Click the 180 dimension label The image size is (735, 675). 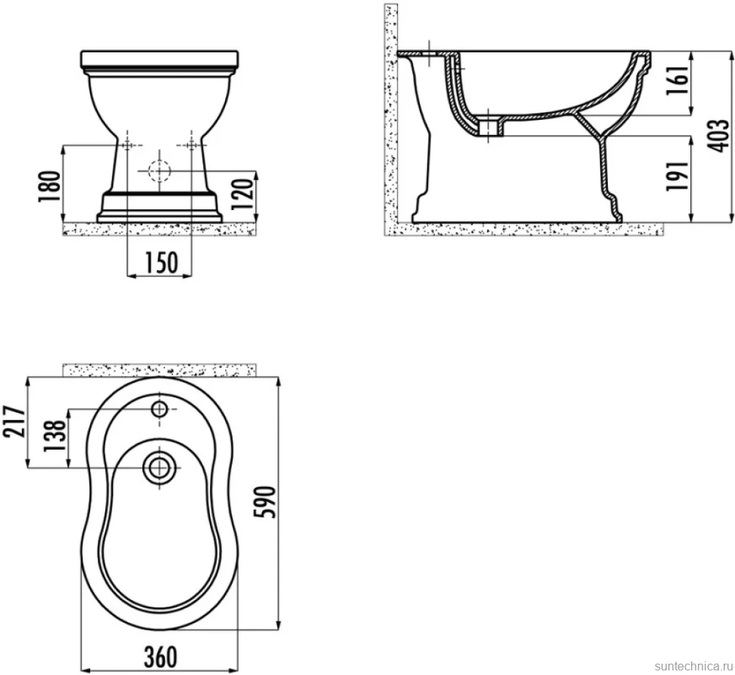click(x=49, y=187)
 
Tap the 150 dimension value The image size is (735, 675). click(x=160, y=262)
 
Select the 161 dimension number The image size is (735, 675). click(x=678, y=81)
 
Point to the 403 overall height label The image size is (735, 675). click(x=718, y=136)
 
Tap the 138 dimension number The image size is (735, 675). click(x=55, y=436)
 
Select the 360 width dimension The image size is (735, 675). click(x=161, y=657)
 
